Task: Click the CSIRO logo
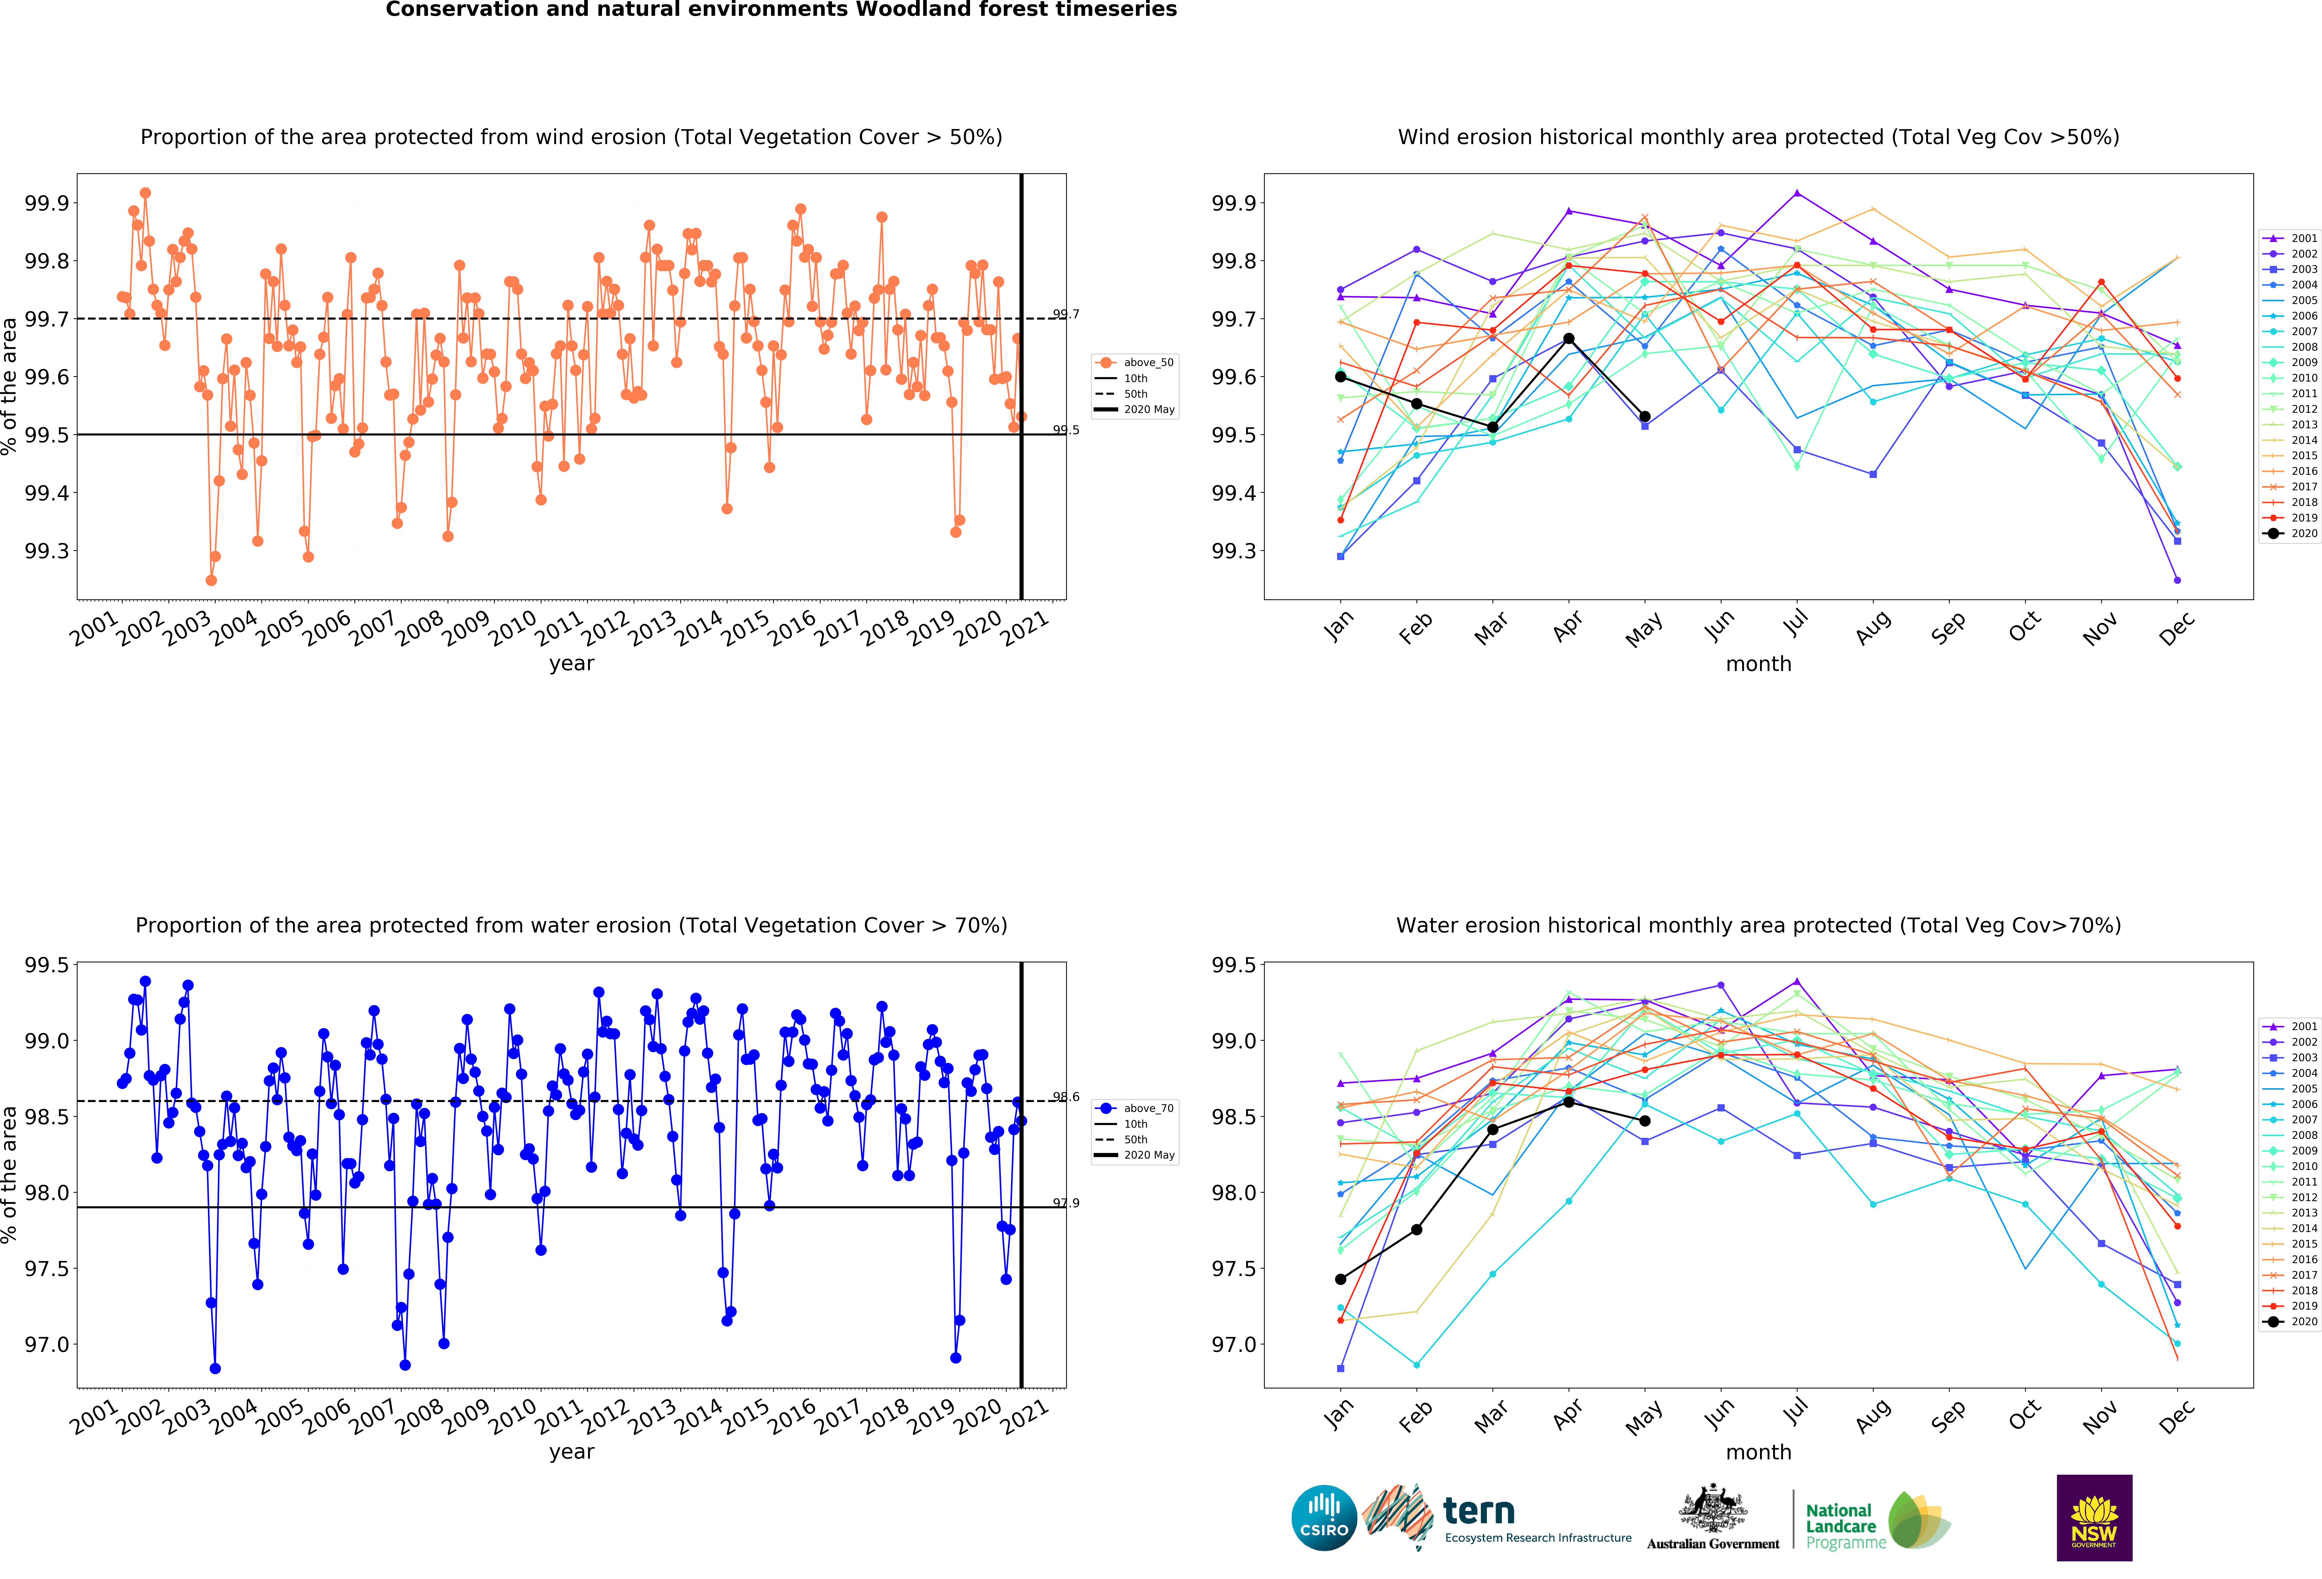tap(1324, 1517)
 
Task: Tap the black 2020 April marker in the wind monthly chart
tap(1569, 339)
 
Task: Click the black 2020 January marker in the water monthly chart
tap(1340, 1279)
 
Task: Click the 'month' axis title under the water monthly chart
tap(1759, 1452)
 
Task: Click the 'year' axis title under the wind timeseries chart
tap(572, 664)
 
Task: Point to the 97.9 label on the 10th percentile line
tap(1066, 1203)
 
